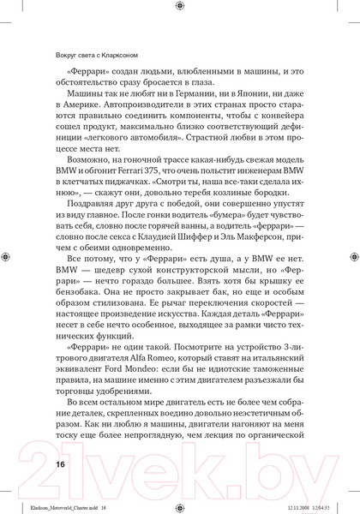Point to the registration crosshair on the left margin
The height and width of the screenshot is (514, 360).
pos(7,256)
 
